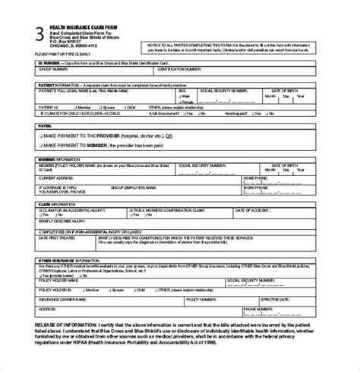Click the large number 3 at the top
pyautogui.click(x=39, y=33)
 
